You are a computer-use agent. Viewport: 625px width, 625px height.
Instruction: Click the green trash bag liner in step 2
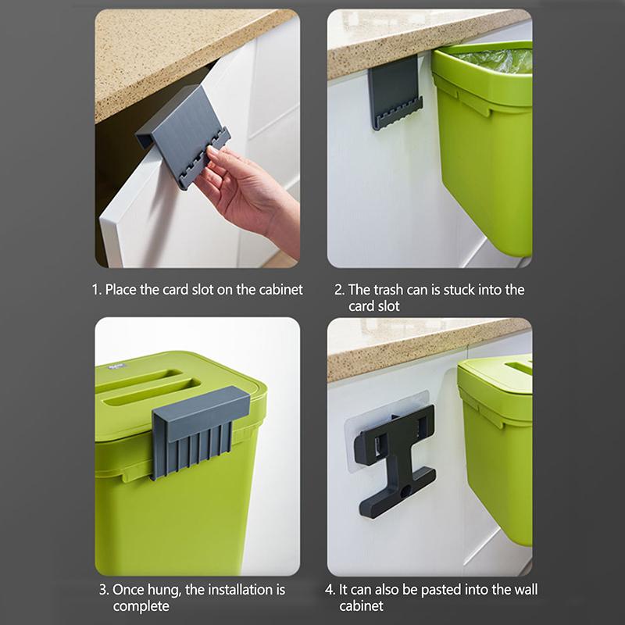[500, 59]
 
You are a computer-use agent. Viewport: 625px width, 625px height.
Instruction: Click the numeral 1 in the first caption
[95, 290]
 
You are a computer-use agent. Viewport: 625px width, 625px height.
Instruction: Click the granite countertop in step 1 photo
[156, 47]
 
